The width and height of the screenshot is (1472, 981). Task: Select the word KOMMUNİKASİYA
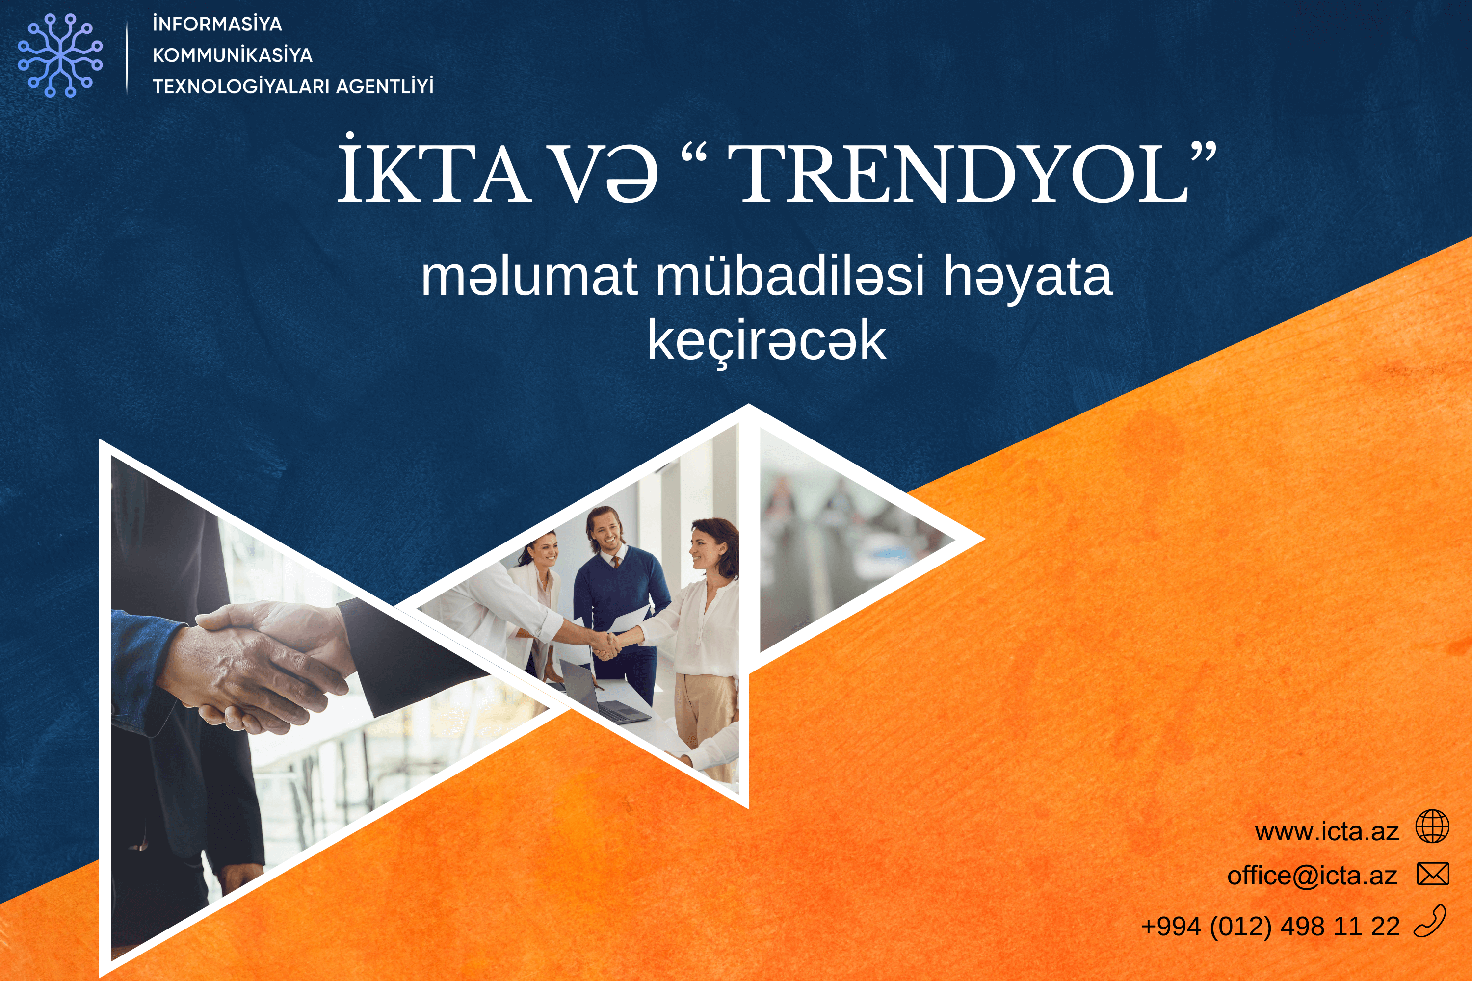click(232, 55)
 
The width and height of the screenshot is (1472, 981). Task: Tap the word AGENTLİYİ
click(384, 86)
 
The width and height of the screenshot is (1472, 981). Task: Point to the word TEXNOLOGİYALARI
click(240, 86)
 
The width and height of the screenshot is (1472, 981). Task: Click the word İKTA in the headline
click(433, 172)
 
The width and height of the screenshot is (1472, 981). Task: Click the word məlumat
click(529, 277)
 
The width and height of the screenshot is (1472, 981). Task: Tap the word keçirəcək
click(766, 341)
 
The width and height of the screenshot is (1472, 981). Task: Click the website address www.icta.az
click(1326, 831)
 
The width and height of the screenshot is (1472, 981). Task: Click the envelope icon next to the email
click(1433, 874)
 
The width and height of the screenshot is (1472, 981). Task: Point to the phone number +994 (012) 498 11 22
click(1270, 927)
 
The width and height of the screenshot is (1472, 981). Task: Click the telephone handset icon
click(1431, 922)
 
